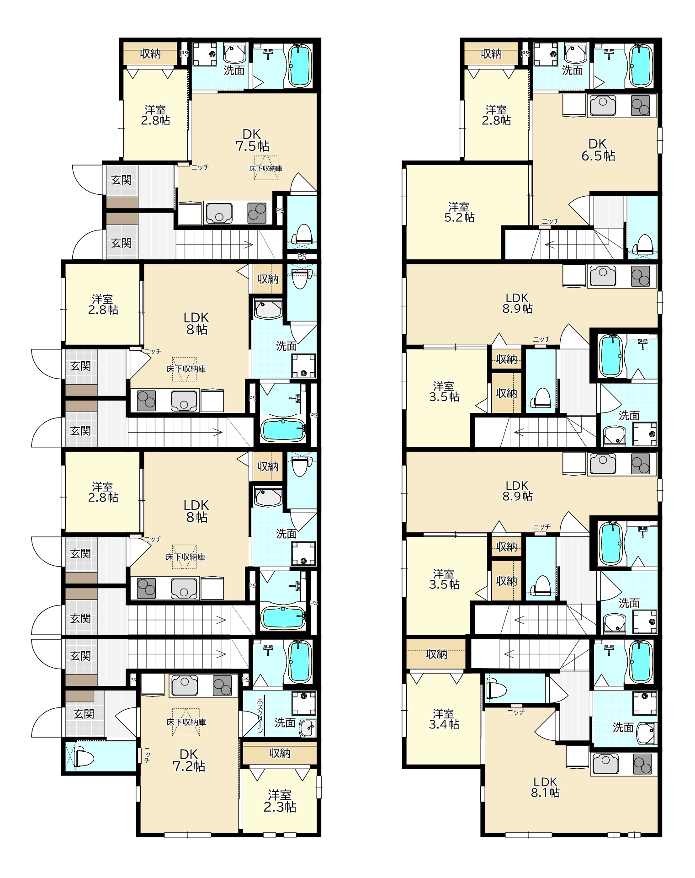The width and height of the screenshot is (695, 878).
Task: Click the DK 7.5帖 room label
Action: pos(252,140)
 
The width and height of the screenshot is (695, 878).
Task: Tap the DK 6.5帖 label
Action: pos(598,150)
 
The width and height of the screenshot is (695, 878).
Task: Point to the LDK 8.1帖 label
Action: pos(545,787)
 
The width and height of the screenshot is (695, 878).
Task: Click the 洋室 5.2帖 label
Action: pos(459,212)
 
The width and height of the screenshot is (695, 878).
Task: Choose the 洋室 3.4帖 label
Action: pos(444,719)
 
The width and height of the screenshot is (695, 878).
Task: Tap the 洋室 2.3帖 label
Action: pos(280,801)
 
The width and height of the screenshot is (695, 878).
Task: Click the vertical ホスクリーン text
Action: pos(260,715)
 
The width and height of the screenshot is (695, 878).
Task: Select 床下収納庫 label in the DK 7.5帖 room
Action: pos(266,168)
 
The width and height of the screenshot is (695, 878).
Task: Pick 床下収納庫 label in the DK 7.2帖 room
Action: pos(186,722)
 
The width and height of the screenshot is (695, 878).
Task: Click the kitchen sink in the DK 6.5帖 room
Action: pos(603,106)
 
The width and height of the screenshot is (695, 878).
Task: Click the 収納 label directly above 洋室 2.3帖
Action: pos(280,753)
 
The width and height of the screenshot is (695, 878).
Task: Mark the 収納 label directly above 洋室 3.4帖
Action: pos(436,654)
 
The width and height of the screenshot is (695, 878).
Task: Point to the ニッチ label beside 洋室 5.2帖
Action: pos(551,221)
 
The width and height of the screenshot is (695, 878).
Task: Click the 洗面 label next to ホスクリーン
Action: pos(285,723)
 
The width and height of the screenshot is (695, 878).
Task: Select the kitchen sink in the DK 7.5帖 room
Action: pos(219,213)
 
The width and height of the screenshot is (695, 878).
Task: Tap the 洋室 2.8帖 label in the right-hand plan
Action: pos(496,115)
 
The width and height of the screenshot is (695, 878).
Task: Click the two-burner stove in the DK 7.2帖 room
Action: pos(223,685)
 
